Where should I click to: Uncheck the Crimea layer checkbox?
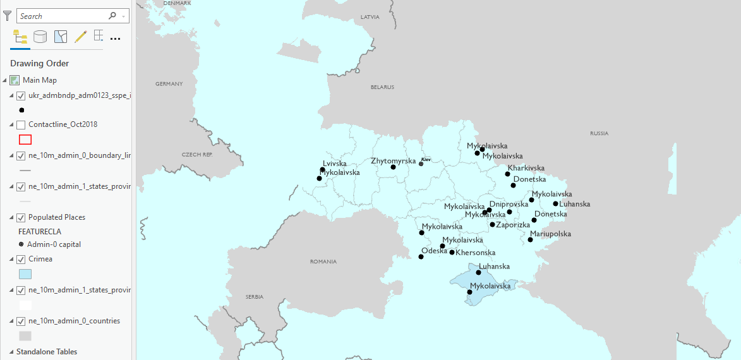pos(21,259)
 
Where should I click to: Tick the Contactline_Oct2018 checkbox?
pos(21,124)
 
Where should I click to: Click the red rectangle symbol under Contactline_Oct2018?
pos(25,140)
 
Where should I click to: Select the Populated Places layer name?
pos(57,217)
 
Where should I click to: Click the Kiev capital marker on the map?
pos(421,164)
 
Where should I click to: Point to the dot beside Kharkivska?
pos(507,174)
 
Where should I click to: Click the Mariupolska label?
pos(550,234)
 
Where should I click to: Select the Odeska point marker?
pos(421,256)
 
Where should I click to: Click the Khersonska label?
pos(476,253)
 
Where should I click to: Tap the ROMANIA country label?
pos(323,261)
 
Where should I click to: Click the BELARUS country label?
pos(382,87)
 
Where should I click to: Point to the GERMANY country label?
pos(169,84)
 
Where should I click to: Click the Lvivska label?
pos(335,164)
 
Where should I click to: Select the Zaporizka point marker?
pos(492,224)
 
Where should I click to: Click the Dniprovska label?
pos(509,205)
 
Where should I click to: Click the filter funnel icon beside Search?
pos(8,16)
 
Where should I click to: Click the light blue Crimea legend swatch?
pos(25,274)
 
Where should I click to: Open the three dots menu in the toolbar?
pos(115,38)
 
